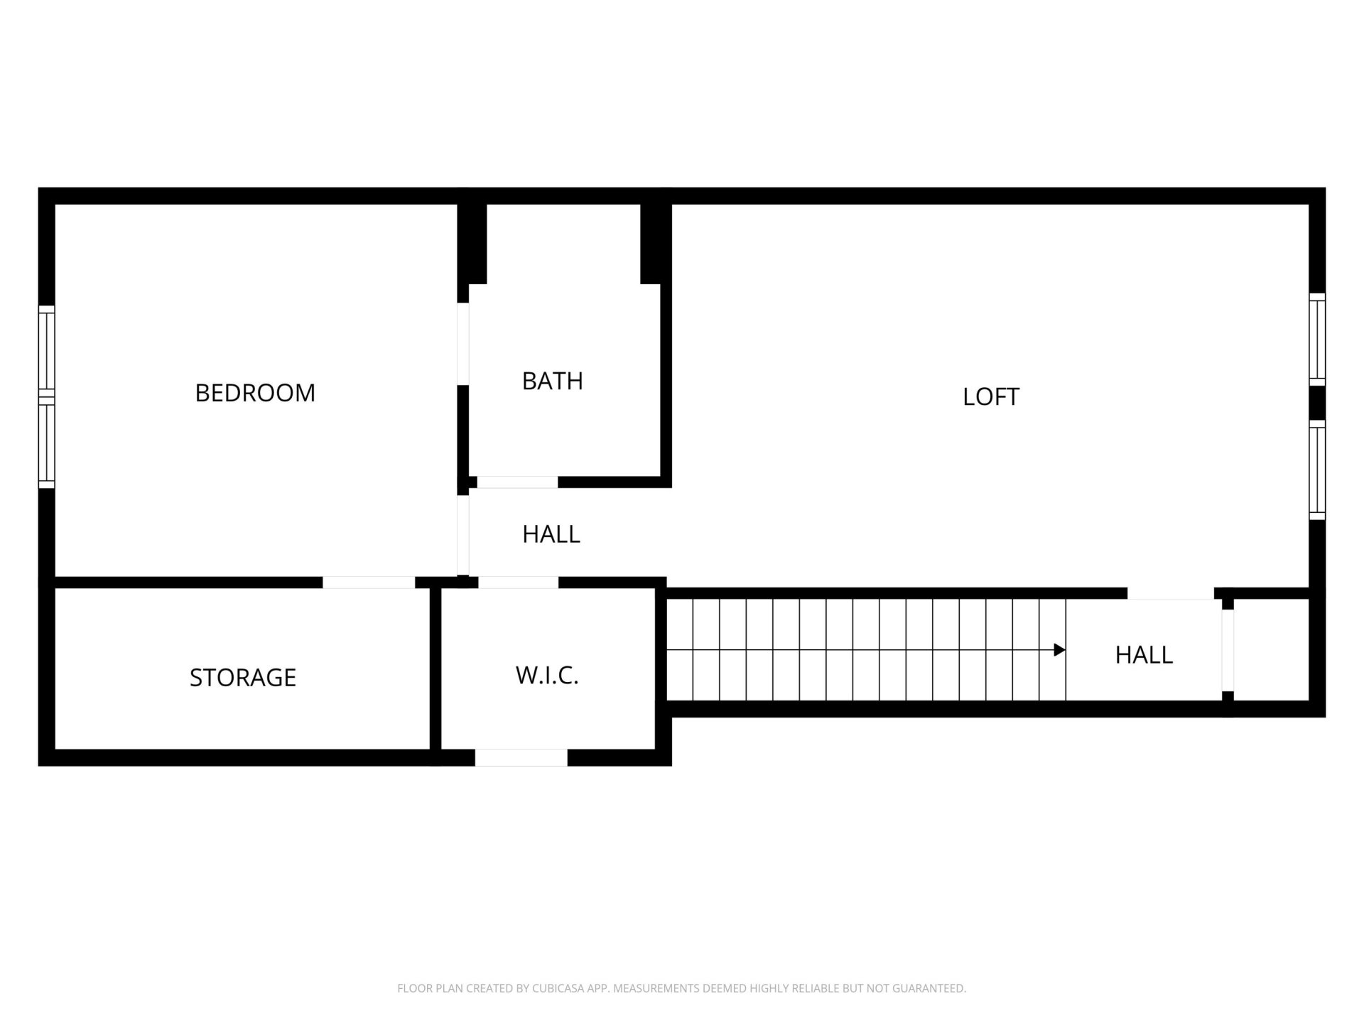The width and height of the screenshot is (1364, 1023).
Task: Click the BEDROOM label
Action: point(255,393)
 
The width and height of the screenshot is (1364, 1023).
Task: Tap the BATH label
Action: point(552,381)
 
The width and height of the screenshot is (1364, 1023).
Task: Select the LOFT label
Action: point(990,397)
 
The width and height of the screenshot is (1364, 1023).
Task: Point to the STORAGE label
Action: point(242,678)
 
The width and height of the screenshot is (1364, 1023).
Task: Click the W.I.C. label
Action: point(547,676)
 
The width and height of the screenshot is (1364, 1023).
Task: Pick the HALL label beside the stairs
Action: point(1143,655)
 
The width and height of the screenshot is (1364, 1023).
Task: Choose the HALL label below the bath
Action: point(551,534)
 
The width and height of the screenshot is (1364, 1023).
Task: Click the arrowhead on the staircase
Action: point(1059,649)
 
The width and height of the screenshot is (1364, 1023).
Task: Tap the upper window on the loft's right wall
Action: point(1316,340)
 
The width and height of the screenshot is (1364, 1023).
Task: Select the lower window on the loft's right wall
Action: point(1316,470)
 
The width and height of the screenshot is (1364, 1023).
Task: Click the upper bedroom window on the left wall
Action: point(46,347)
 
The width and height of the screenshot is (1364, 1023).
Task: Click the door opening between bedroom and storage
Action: point(368,583)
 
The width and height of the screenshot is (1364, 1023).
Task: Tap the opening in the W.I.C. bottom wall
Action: point(521,757)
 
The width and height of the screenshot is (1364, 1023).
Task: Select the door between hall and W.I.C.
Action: point(518,583)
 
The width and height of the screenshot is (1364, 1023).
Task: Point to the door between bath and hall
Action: point(516,482)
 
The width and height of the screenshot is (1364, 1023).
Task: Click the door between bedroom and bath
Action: point(462,344)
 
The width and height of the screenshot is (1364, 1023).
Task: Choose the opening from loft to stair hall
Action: point(1170,593)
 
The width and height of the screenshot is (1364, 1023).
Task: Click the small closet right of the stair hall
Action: point(1270,649)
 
